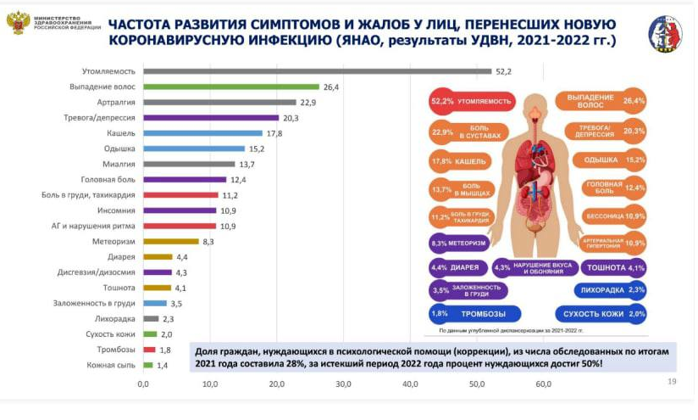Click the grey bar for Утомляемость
coord(317,71)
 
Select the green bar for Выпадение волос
coord(230,87)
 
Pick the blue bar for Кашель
coord(202,133)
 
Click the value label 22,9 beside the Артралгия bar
coord(307,103)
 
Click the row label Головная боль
coord(107,179)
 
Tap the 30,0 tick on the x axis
coord(343,384)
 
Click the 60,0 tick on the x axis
coord(543,384)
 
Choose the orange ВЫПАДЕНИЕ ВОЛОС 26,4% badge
coord(601,103)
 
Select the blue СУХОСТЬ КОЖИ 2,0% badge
coord(601,313)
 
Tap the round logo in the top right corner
coord(665,35)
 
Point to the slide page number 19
coord(672,383)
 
